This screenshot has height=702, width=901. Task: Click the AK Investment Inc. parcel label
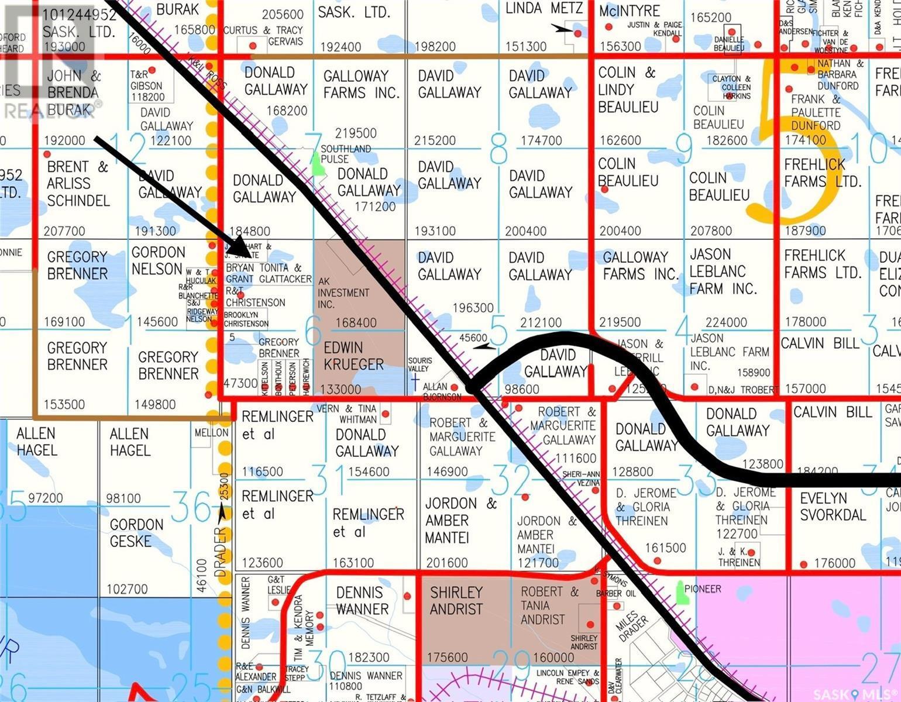tap(343, 292)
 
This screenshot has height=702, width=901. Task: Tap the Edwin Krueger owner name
tap(353, 356)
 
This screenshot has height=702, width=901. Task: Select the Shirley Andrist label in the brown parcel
tap(456, 601)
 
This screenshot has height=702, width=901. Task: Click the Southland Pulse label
tap(346, 154)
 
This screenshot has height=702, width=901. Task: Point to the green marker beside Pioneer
tap(680, 593)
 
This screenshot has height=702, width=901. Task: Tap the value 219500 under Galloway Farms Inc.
tap(356, 133)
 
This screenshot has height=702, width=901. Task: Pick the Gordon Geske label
tap(137, 533)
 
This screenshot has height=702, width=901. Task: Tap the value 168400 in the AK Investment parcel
tap(356, 322)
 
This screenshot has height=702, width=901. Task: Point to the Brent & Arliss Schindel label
tap(78, 184)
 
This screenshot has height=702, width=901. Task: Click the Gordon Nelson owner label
tap(158, 261)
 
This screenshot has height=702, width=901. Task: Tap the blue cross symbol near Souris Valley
tap(415, 383)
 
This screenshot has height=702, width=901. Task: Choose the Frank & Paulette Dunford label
tap(816, 112)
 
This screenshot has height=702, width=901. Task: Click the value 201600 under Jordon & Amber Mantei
tap(447, 563)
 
